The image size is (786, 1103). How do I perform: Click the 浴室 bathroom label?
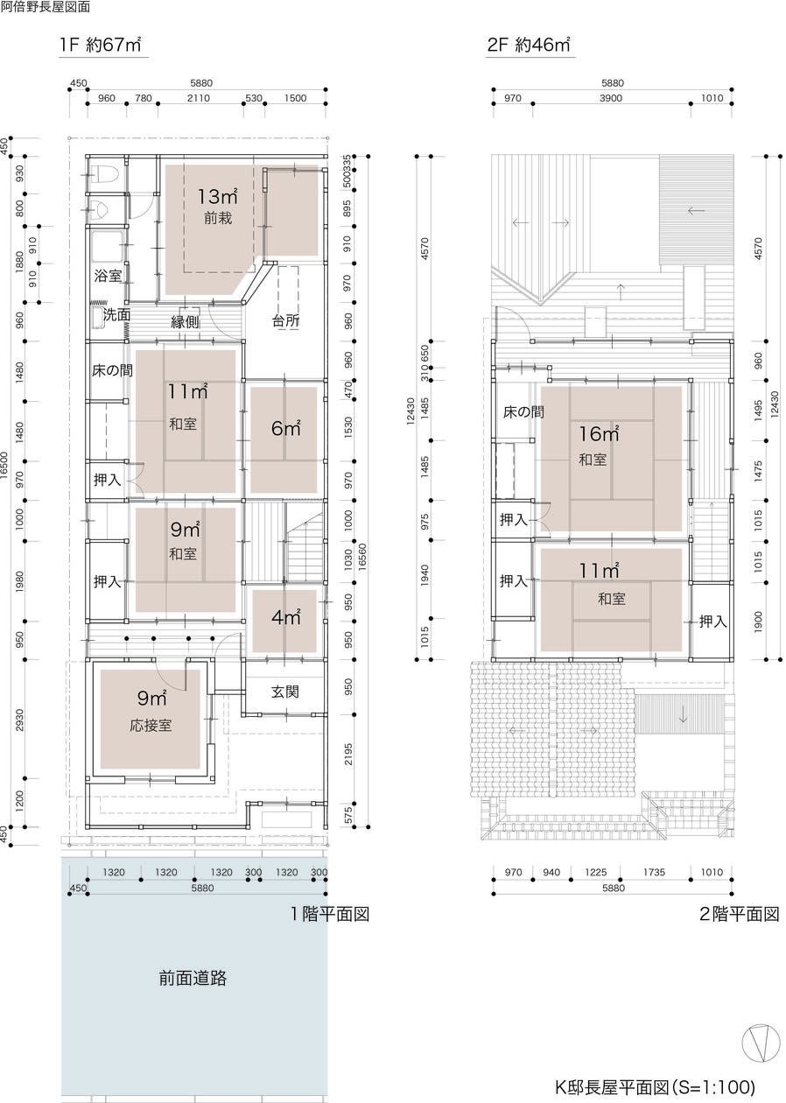tap(108, 275)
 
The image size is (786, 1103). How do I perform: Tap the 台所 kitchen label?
tap(285, 320)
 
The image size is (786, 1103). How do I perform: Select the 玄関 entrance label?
tap(285, 692)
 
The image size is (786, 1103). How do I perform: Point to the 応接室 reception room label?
tap(151, 726)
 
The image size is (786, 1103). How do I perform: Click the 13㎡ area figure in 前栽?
tap(218, 196)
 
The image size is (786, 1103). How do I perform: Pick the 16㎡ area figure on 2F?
tap(599, 434)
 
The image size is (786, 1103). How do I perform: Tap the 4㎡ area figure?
tap(286, 617)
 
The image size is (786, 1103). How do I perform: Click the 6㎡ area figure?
tap(286, 428)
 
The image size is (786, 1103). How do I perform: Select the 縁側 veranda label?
tap(185, 321)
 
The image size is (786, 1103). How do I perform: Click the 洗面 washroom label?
tap(116, 314)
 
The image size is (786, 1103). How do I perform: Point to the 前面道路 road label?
tap(193, 978)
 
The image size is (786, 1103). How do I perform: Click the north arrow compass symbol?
tap(761, 1043)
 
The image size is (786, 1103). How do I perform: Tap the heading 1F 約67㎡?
tap(101, 45)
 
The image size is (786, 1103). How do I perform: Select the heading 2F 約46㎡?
tap(529, 45)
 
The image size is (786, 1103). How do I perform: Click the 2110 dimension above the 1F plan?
tap(199, 98)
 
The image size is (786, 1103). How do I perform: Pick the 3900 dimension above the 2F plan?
tap(611, 98)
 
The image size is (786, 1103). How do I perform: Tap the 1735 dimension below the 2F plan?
tap(654, 872)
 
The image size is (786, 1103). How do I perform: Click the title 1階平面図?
tap(329, 914)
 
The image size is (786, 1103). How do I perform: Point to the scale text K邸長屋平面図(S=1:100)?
tap(655, 1086)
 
